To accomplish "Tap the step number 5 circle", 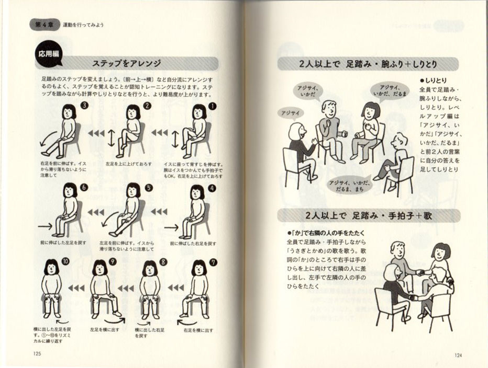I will click(149, 188).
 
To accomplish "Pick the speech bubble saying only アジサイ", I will click(290, 112).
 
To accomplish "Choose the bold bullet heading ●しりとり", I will click(432, 81).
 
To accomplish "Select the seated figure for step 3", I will click(65, 131).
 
